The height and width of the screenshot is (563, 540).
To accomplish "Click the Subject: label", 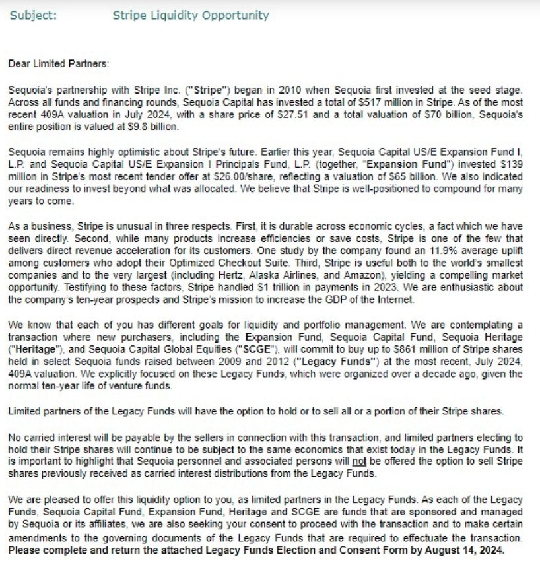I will (33, 15).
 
